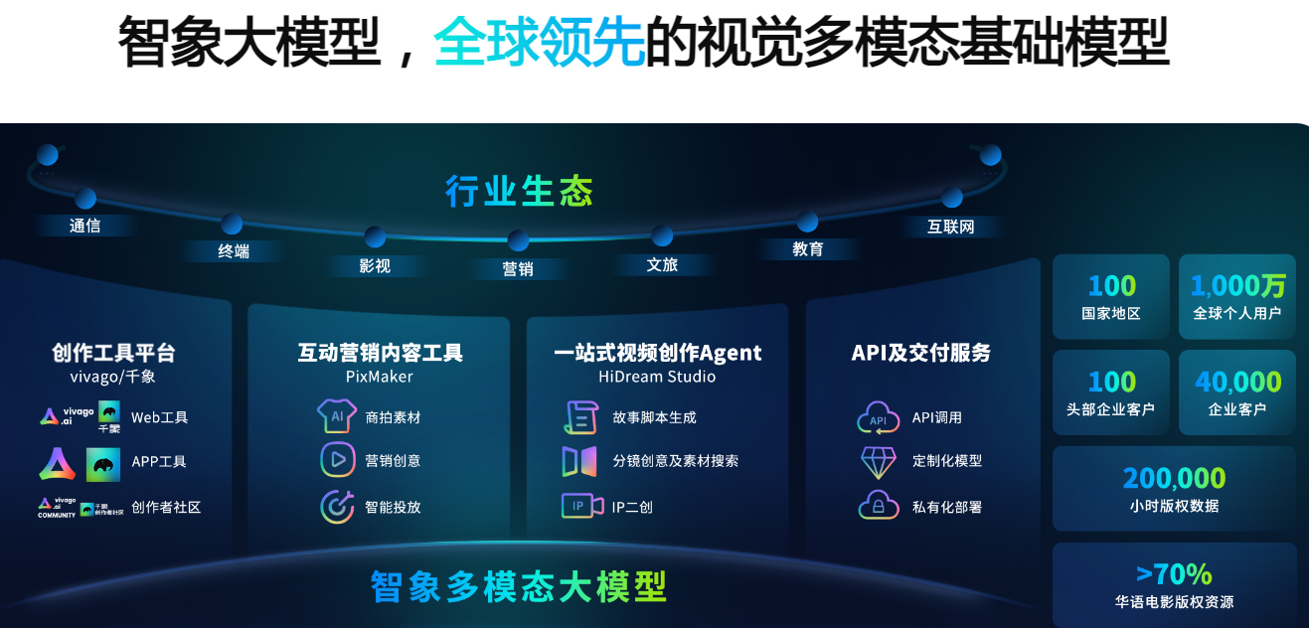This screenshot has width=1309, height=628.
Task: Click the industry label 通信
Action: (x=85, y=226)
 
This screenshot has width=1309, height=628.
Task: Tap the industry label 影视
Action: (x=375, y=265)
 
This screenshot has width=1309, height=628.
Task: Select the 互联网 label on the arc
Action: (x=951, y=227)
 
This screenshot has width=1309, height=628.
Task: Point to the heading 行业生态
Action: (x=519, y=191)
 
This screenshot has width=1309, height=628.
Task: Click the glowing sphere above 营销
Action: (x=518, y=240)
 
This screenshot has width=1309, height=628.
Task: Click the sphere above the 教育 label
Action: (x=807, y=222)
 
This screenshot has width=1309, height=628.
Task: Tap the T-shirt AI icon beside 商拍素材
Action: (x=337, y=416)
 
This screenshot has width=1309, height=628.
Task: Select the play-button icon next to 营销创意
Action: (x=337, y=460)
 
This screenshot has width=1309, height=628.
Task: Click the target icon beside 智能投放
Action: (x=337, y=506)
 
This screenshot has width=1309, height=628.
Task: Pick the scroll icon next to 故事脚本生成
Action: (x=580, y=417)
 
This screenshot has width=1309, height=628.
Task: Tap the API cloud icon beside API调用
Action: (x=879, y=417)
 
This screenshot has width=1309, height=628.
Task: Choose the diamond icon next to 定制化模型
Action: (x=879, y=461)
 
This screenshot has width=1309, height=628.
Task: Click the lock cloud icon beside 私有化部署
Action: (x=879, y=506)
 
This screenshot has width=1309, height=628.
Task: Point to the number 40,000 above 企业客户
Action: (x=1237, y=382)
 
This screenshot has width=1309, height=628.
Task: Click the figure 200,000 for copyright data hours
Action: (x=1174, y=479)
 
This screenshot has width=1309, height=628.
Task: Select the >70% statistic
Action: (x=1174, y=573)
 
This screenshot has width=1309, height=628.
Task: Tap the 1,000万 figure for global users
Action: (x=1237, y=286)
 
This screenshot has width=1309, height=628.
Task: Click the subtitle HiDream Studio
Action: (x=657, y=377)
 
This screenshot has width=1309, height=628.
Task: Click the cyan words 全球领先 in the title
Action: (x=540, y=42)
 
